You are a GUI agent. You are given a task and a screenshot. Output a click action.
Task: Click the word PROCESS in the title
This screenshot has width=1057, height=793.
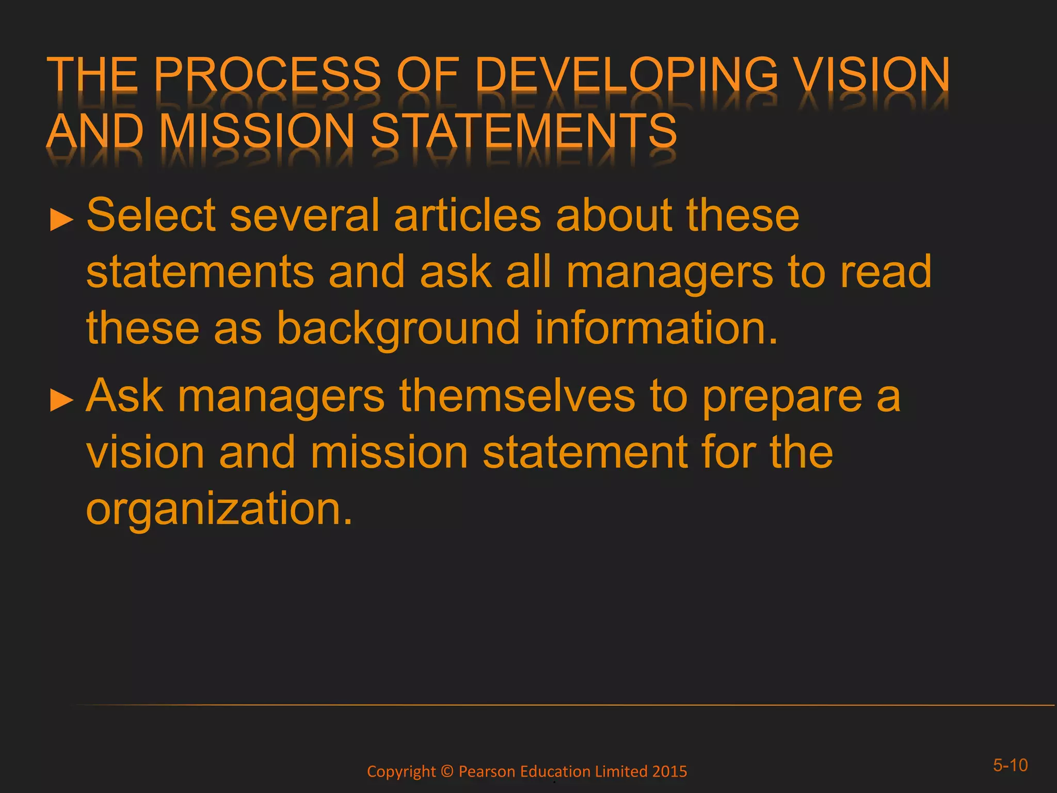266,75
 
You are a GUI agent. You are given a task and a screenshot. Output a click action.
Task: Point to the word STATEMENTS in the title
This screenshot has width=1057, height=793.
523,131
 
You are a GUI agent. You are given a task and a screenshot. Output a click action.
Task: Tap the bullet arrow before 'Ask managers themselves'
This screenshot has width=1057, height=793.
61,401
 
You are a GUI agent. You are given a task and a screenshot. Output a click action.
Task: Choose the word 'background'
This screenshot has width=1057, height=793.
398,328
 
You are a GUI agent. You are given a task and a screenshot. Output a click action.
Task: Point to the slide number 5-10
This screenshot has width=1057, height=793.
1010,765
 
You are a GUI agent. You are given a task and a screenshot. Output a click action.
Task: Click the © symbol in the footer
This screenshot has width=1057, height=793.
447,771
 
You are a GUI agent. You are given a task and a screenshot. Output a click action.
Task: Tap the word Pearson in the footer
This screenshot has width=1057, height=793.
487,771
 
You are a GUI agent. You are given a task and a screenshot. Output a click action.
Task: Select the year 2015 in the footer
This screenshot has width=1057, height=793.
669,771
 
